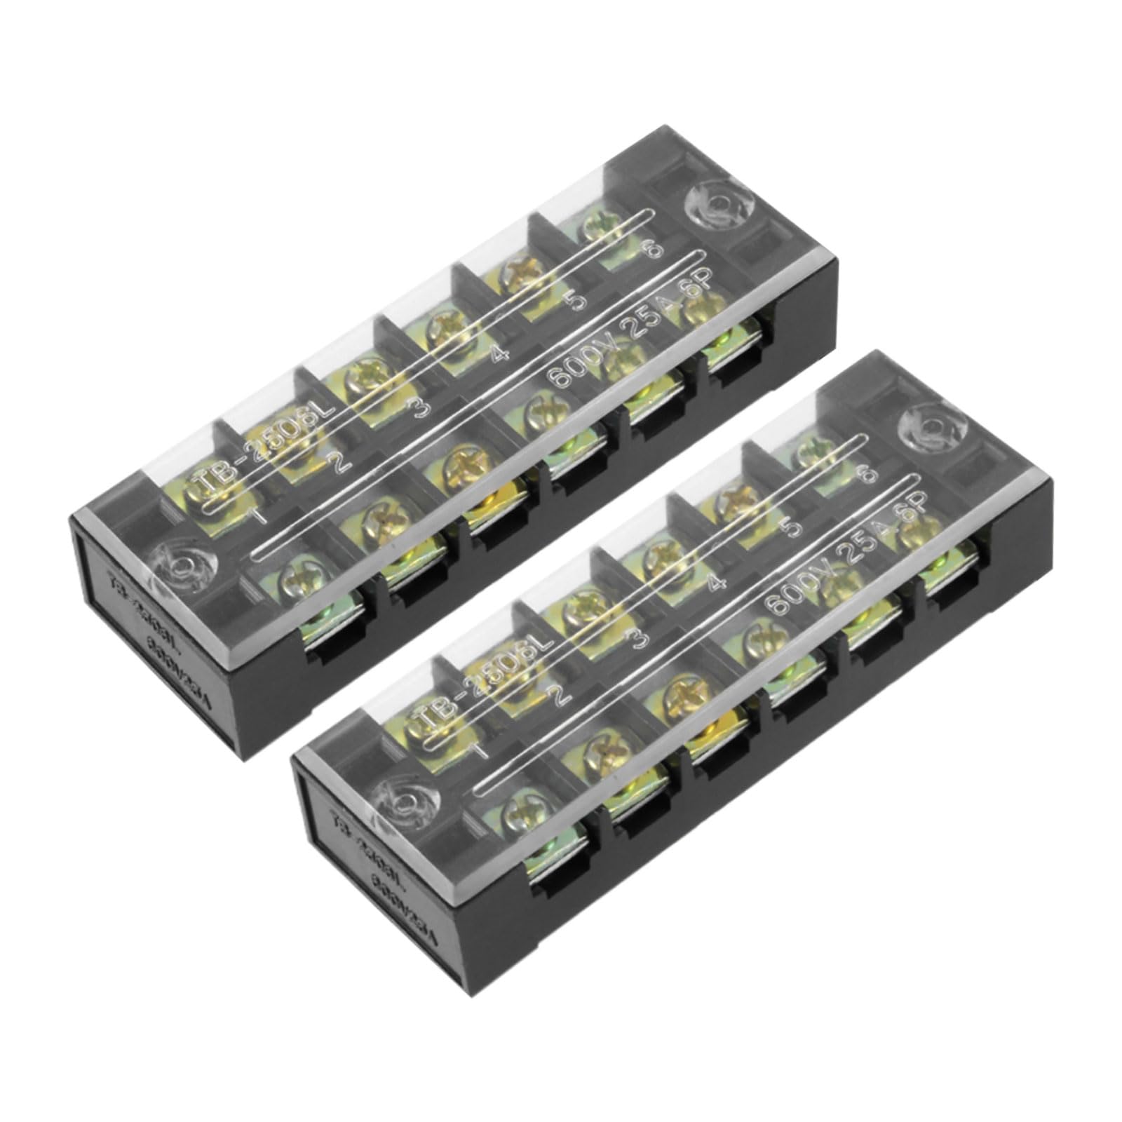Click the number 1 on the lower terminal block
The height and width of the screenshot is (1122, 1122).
coord(481,749)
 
